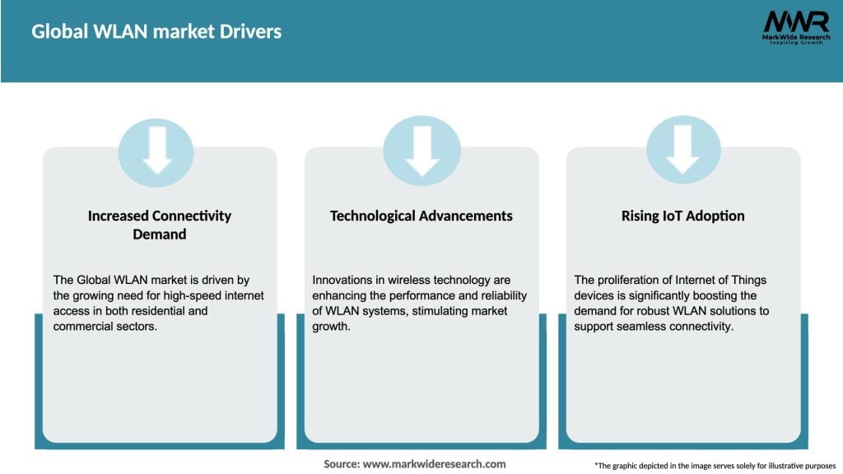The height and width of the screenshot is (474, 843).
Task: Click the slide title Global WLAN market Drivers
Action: pyautogui.click(x=156, y=31)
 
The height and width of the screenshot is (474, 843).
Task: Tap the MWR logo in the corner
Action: pyautogui.click(x=795, y=21)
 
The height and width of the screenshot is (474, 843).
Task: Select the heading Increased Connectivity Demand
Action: pyautogui.click(x=160, y=225)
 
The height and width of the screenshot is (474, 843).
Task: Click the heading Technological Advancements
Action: pyautogui.click(x=421, y=216)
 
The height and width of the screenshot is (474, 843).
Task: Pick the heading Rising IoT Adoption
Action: pyautogui.click(x=682, y=216)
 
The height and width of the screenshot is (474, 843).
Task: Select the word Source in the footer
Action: pyautogui.click(x=342, y=464)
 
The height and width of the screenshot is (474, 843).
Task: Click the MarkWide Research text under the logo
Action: pyautogui.click(x=795, y=36)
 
